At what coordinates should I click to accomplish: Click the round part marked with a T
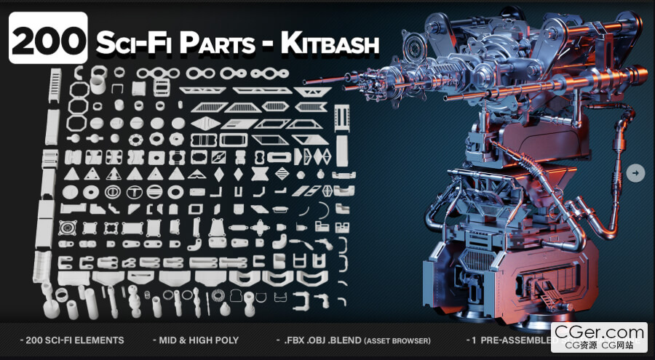coord(134,192)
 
